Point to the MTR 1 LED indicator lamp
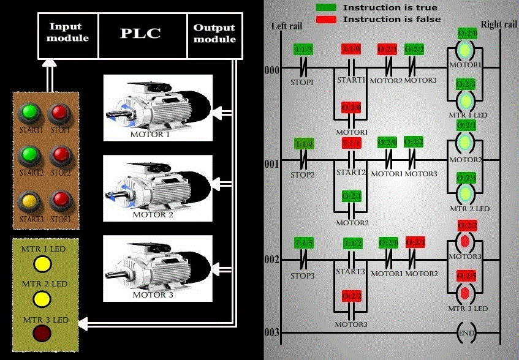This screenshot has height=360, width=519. pos(42,263)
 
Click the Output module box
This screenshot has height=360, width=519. pos(214,33)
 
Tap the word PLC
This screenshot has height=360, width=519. pos(140,32)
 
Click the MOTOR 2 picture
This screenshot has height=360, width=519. pos(157,187)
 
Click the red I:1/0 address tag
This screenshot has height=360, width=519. pos(351,49)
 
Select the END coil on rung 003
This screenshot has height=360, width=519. pos(466,333)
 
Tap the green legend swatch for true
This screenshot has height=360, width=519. pos(326,7)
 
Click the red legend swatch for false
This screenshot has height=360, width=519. pos(326,20)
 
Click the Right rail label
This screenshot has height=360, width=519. pos(499,24)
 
